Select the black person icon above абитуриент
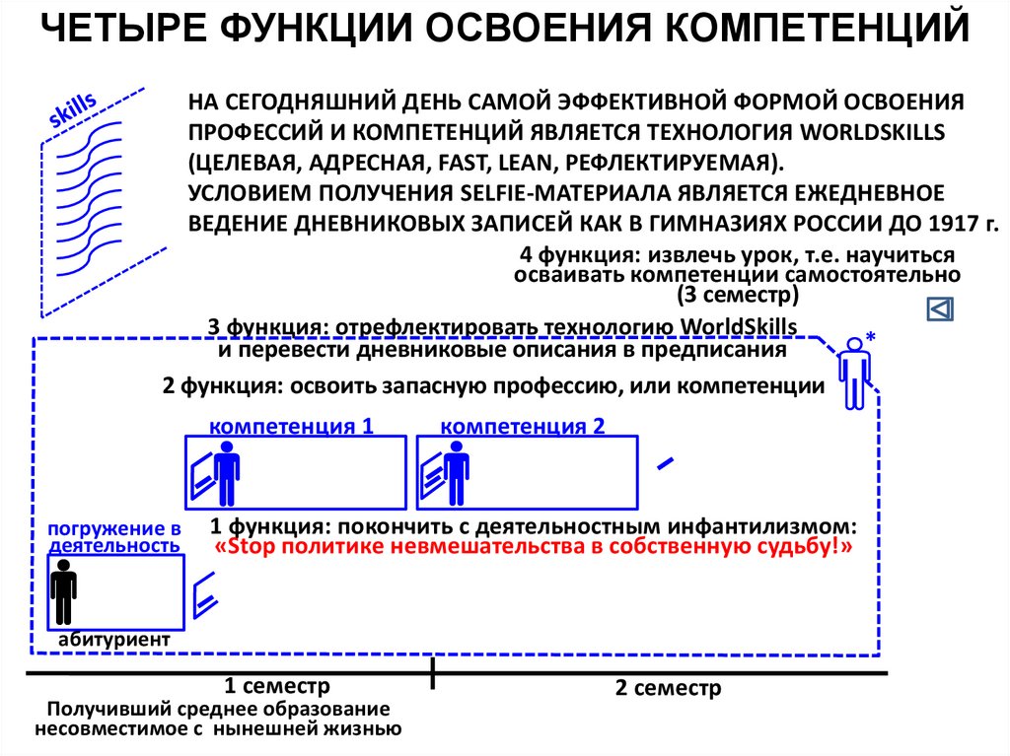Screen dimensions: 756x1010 coord(64,591)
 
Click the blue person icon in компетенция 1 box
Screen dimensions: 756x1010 coord(228,473)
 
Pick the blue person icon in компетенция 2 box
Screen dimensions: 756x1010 coord(456,473)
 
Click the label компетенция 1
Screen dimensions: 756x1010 coord(292,427)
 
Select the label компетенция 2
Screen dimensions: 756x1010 coord(523,427)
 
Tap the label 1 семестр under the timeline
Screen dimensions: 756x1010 coord(276,686)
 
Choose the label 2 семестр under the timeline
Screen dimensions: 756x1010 coord(668,688)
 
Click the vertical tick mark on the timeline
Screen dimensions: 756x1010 coord(432,674)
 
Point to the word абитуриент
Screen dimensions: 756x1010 coord(113,640)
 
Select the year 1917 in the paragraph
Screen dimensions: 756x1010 coord(941,222)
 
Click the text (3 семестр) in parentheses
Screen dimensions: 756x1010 coord(737,295)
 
